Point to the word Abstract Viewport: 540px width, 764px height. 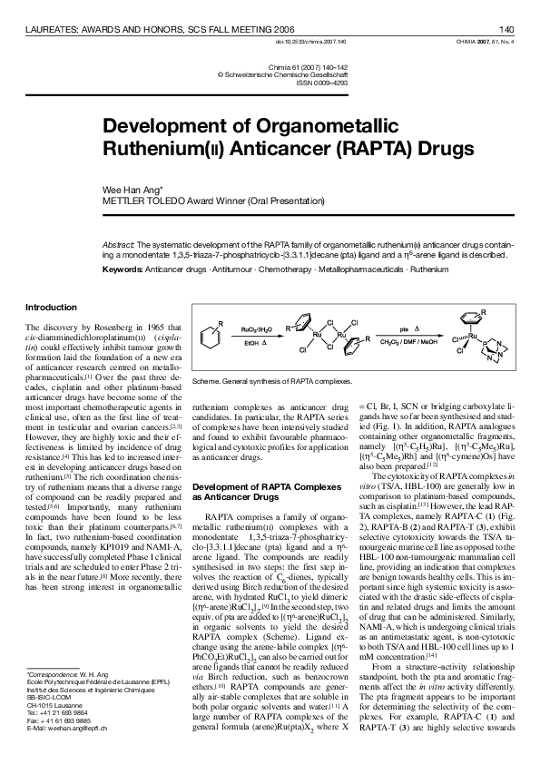pyautogui.click(x=117, y=246)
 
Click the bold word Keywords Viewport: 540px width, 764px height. pyautogui.click(x=123, y=269)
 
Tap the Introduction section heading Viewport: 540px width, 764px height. pyautogui.click(x=51, y=307)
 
